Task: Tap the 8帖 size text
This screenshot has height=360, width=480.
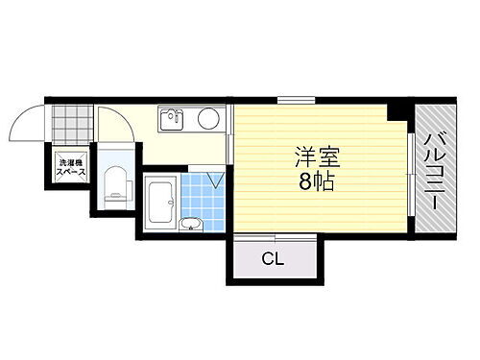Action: [x=317, y=182]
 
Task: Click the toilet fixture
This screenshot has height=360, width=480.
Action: [x=115, y=182]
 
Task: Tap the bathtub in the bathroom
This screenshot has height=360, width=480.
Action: [x=159, y=203]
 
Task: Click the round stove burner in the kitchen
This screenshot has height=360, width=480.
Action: [x=206, y=120]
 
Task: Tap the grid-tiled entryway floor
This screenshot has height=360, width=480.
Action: [x=69, y=124]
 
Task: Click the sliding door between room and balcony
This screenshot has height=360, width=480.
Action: [x=410, y=178]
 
